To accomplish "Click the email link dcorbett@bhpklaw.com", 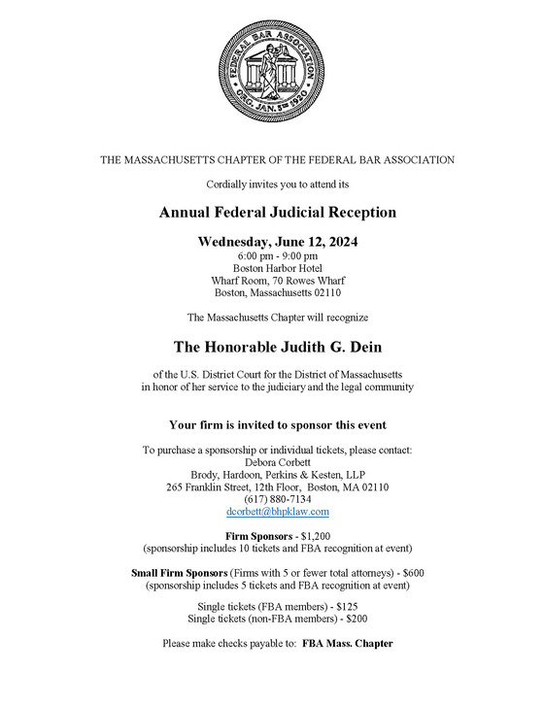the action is pyautogui.click(x=278, y=512).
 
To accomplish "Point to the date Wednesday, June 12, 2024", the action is pyautogui.click(x=278, y=241).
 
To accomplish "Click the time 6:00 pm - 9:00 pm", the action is pyautogui.click(x=278, y=255).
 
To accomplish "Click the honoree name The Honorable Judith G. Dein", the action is pyautogui.click(x=278, y=346).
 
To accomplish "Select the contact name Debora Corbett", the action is pyautogui.click(x=278, y=462).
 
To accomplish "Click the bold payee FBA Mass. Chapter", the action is pyautogui.click(x=348, y=643).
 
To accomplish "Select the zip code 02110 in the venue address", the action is pyautogui.click(x=323, y=292).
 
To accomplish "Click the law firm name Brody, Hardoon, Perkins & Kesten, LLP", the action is pyautogui.click(x=278, y=475).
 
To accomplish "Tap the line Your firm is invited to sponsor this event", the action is pyautogui.click(x=278, y=425).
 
